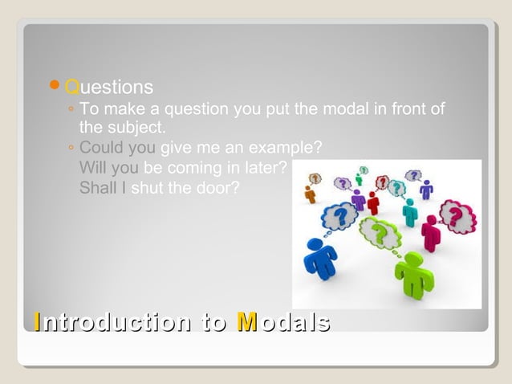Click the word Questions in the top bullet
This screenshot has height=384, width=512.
pos(108,86)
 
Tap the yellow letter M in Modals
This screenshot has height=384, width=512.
pos(247,322)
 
